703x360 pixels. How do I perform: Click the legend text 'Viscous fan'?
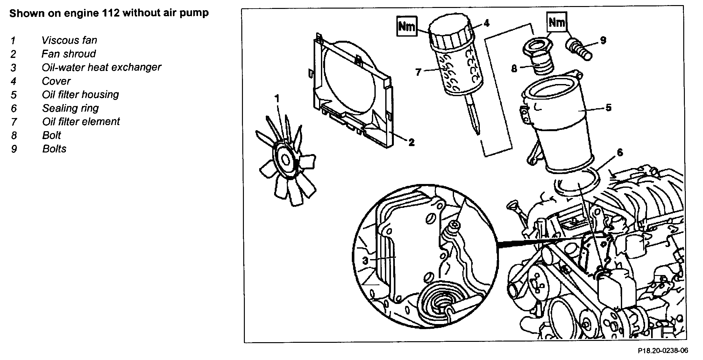tap(69, 40)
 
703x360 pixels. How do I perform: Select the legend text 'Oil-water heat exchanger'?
tap(101, 67)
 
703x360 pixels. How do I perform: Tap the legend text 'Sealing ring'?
tap(70, 108)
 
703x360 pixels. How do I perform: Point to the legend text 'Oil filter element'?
tap(81, 122)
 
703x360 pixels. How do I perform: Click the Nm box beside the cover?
tap(407, 26)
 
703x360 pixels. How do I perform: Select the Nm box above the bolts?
tap(557, 22)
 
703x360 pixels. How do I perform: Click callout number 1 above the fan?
tap(277, 99)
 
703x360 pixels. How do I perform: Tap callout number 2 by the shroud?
tap(411, 142)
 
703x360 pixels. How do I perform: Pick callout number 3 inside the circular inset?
tap(365, 261)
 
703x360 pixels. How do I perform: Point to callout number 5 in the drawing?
tap(608, 108)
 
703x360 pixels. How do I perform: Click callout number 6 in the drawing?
tap(620, 152)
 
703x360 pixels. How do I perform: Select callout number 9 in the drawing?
tap(603, 40)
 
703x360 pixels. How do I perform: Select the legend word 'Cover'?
tap(56, 81)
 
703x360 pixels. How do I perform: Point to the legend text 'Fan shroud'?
tap(68, 54)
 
